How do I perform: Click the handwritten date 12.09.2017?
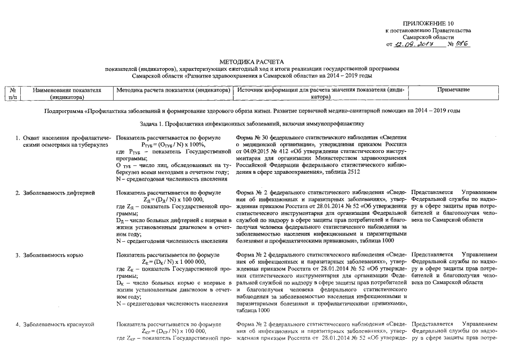click(413, 44)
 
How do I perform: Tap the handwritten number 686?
click(462, 43)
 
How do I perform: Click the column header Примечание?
click(453, 90)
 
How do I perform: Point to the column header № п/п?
click(12, 93)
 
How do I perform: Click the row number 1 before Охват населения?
click(18, 138)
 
